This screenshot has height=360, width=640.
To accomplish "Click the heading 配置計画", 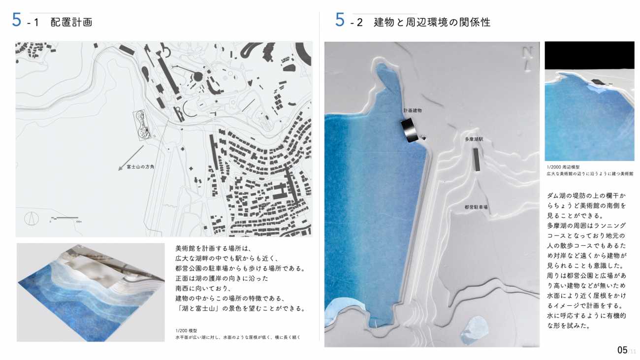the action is click(71, 22).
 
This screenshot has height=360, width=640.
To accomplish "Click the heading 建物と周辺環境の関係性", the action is click(432, 22).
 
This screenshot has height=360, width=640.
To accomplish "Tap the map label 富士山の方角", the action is click(140, 166).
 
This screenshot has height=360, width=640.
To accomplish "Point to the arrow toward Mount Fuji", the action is click(131, 158).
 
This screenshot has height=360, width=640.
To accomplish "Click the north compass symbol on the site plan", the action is click(32, 219).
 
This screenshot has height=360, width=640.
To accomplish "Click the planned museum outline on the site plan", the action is click(142, 125).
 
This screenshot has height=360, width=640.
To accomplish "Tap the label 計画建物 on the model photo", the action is click(412, 111).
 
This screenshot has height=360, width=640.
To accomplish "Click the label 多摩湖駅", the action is click(474, 139).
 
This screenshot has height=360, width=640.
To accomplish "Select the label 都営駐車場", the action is click(476, 207).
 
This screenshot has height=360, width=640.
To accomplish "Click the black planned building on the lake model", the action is click(410, 131).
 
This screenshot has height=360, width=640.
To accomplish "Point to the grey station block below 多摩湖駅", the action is click(476, 160).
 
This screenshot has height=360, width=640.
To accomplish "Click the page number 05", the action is click(622, 350).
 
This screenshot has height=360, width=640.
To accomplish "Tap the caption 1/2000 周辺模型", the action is click(563, 167).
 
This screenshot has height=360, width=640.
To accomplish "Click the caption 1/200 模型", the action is click(186, 330).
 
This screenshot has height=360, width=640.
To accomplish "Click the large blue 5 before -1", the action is click(17, 20).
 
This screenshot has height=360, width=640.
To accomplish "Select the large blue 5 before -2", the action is click(340, 20).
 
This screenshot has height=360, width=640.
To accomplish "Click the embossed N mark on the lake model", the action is click(527, 59).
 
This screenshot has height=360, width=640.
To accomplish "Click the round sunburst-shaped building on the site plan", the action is click(198, 76).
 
